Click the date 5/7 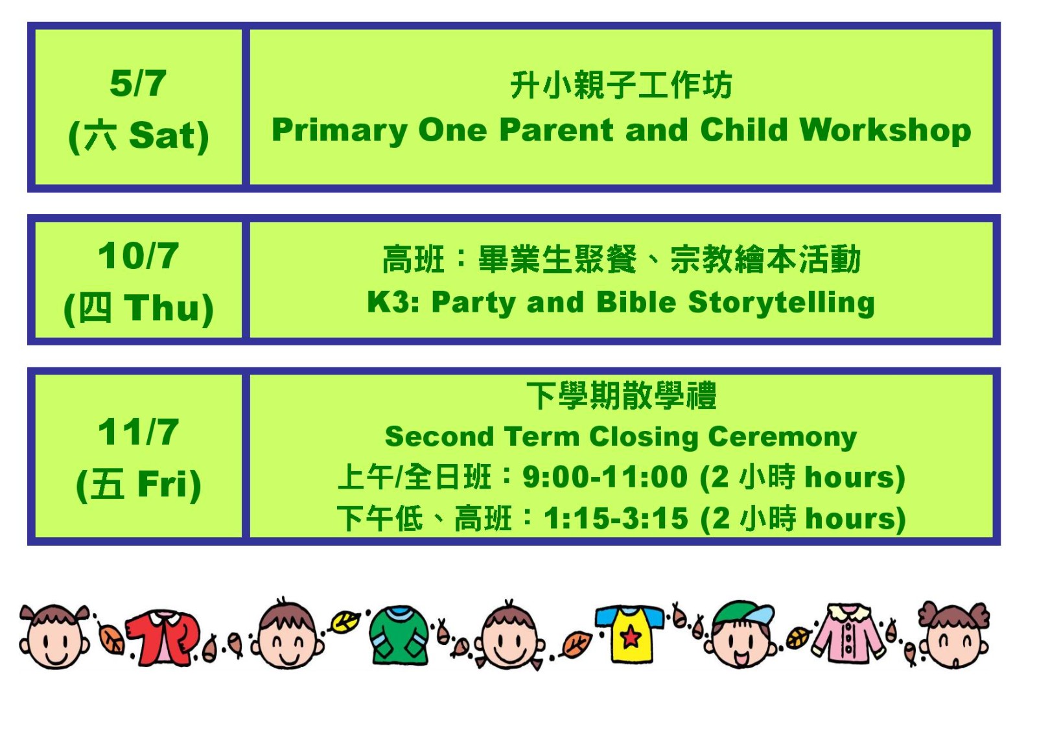[138, 84]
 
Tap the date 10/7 [138, 255]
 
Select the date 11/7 [138, 432]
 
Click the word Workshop [885, 131]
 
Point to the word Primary [340, 131]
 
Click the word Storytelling [782, 303]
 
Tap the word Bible [636, 302]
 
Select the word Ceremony [782, 437]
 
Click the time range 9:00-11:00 [605, 476]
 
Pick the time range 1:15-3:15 [616, 518]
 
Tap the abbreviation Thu [162, 307]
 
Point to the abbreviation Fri [163, 484]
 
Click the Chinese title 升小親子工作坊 [622, 86]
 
